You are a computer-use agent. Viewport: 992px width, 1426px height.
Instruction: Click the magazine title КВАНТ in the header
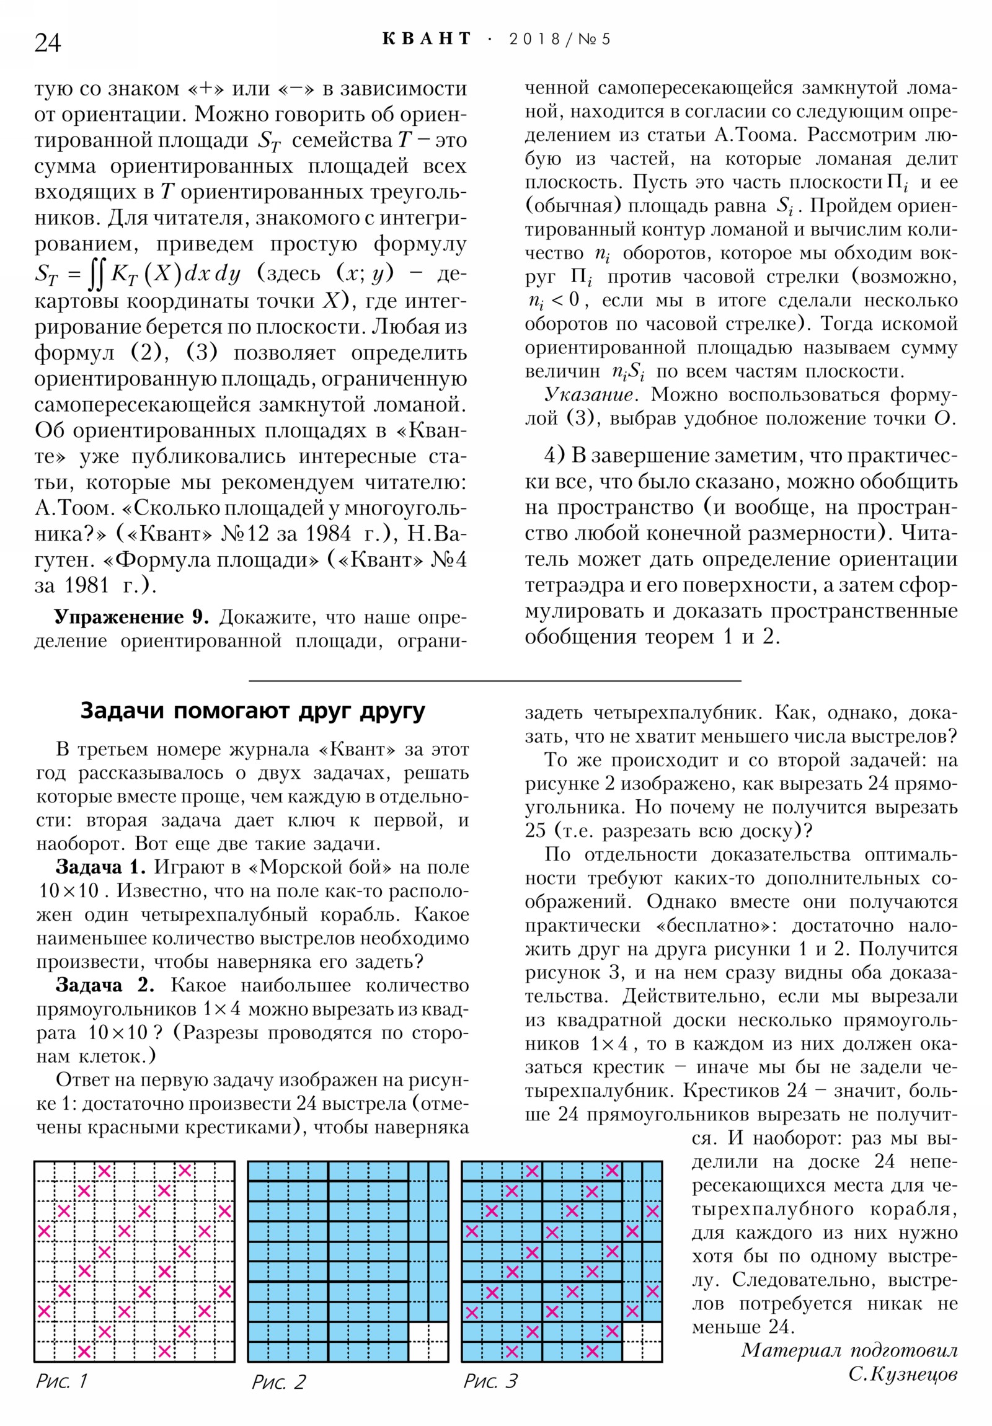(427, 39)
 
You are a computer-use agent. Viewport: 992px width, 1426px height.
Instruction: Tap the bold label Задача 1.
(100, 867)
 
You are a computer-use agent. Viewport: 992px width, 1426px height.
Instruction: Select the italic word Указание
(588, 395)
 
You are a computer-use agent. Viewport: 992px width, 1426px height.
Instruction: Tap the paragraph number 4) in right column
(554, 456)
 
